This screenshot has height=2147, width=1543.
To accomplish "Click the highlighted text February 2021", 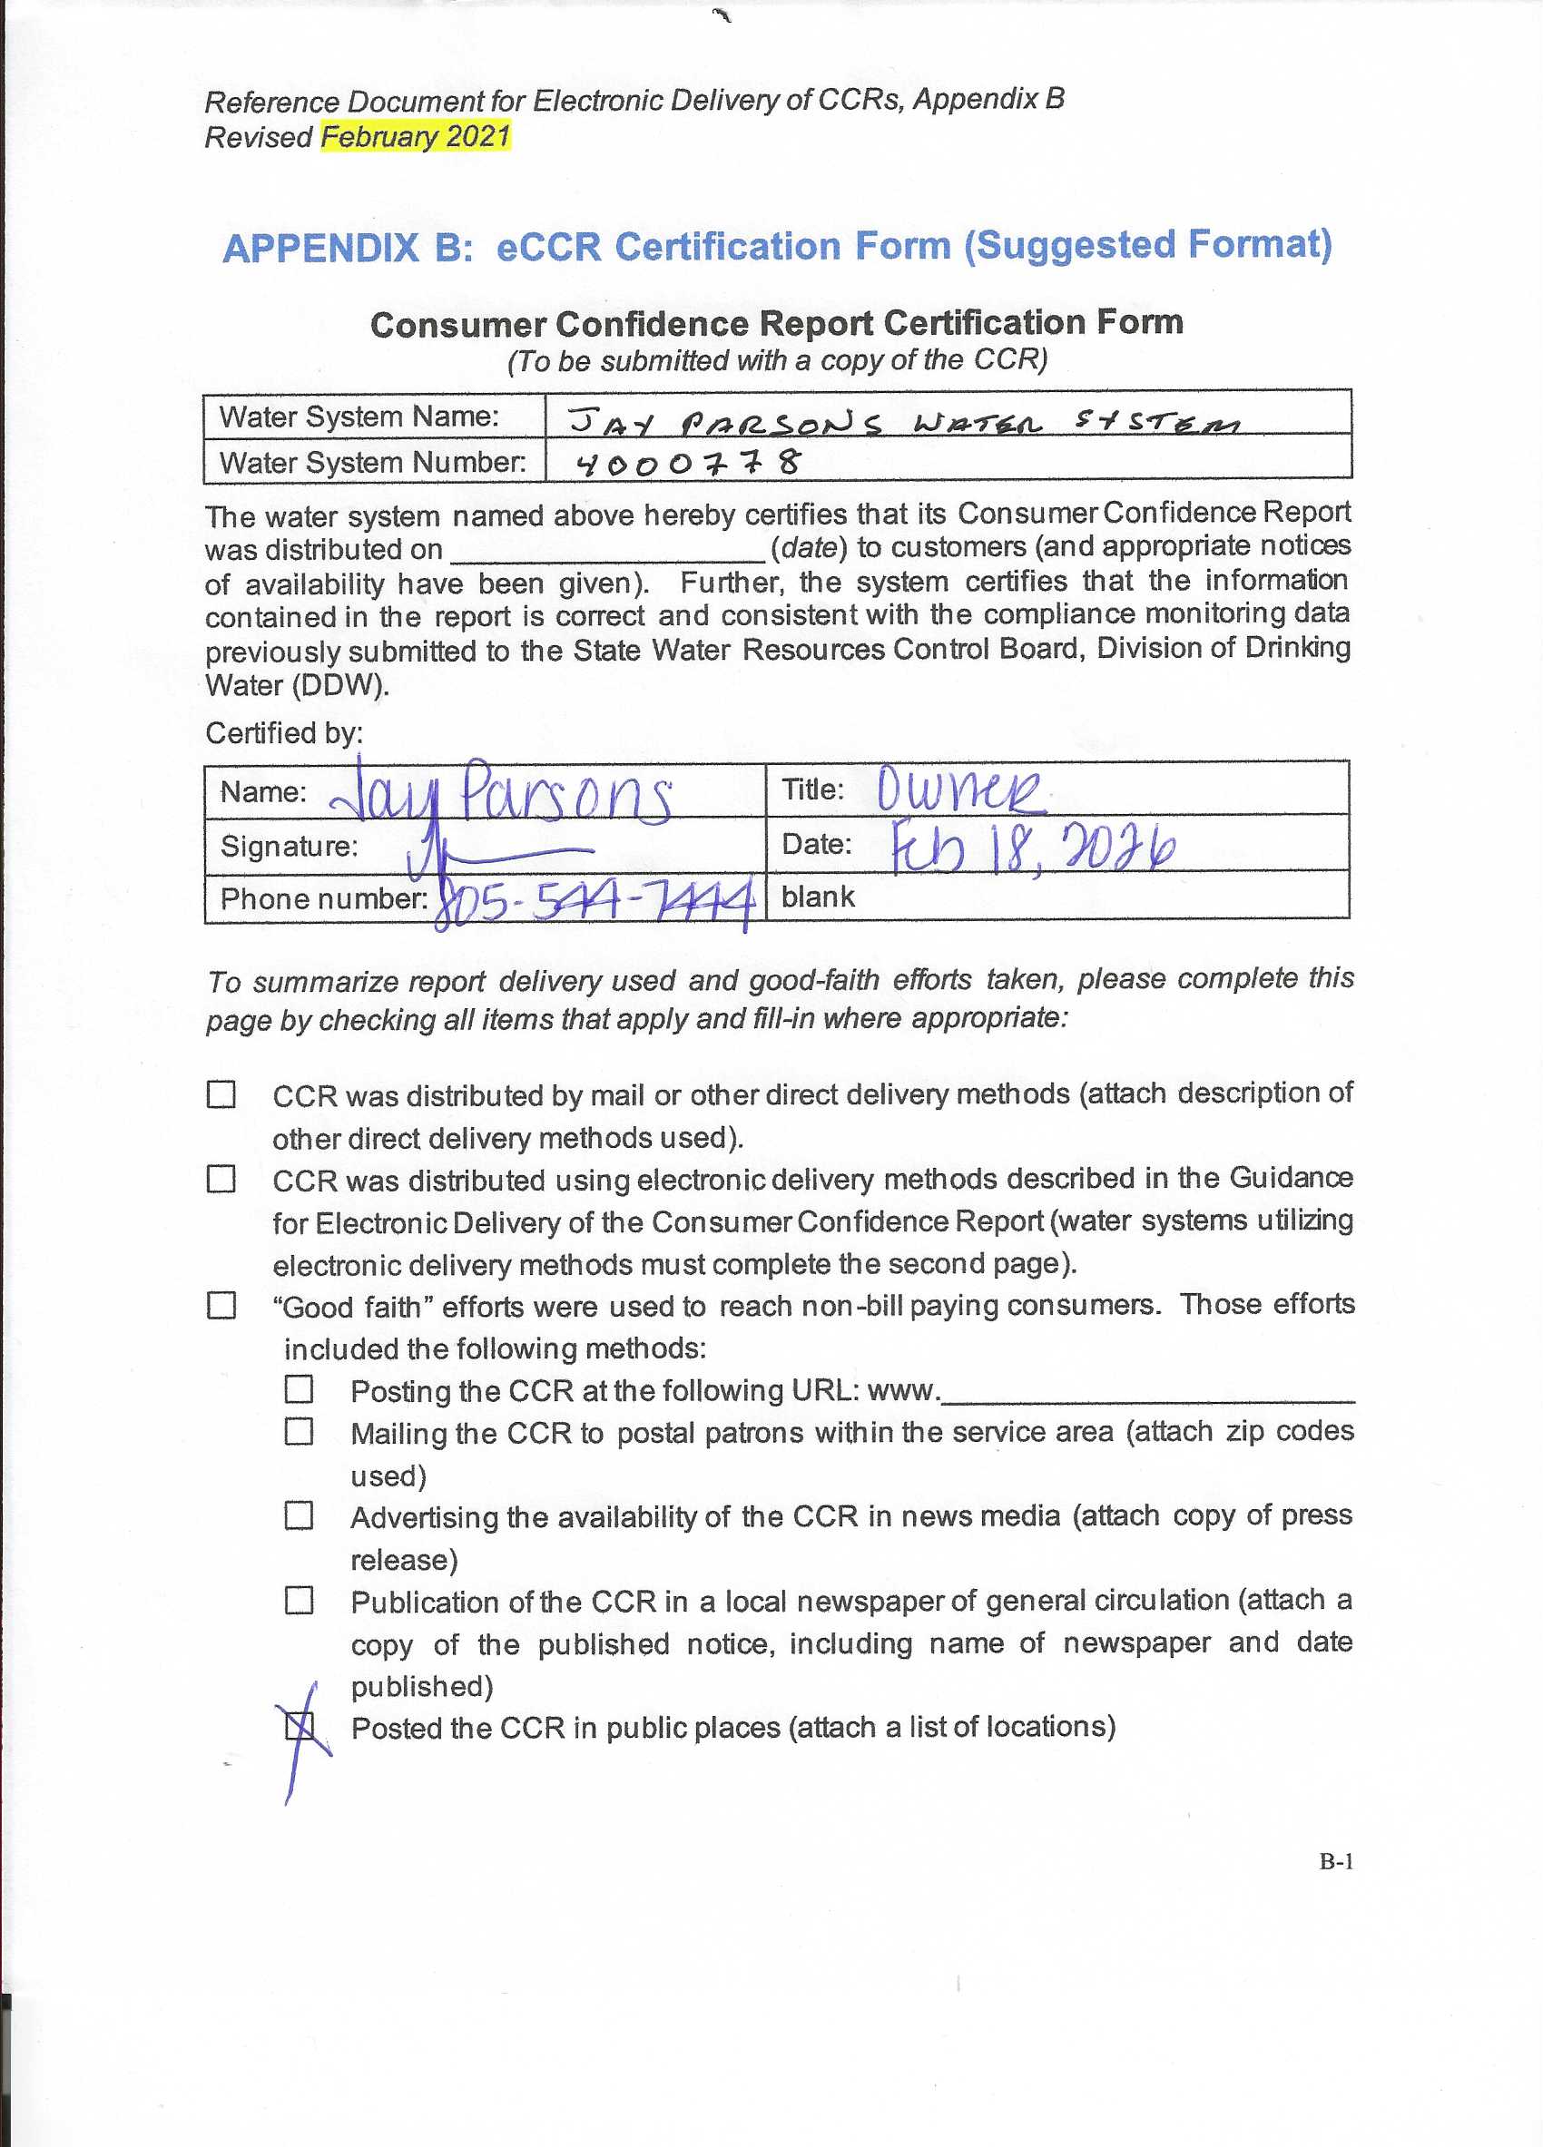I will click(x=415, y=136).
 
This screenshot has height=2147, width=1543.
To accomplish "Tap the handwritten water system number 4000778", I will click(x=688, y=463).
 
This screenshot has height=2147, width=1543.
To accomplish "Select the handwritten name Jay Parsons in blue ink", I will click(x=502, y=793).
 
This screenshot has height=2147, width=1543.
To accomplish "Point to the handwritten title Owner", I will click(x=958, y=789).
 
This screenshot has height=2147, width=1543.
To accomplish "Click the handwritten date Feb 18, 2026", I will click(x=1033, y=846).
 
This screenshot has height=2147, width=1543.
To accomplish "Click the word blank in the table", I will click(x=817, y=897).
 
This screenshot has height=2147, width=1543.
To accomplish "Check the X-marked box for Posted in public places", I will click(x=300, y=1727).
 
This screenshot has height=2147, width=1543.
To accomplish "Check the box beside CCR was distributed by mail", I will click(x=221, y=1094).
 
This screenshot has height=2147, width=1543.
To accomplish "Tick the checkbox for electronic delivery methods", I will click(x=221, y=1180).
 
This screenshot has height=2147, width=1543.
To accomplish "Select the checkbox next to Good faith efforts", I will click(x=221, y=1306).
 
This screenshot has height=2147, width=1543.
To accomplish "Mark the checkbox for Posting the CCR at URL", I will click(x=300, y=1389).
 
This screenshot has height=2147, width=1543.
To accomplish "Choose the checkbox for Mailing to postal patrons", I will click(x=300, y=1431).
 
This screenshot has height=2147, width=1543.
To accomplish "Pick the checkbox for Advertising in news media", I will click(x=300, y=1515).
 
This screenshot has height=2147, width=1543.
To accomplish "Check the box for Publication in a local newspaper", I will click(x=300, y=1601).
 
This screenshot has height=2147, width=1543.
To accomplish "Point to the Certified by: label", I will click(x=284, y=732).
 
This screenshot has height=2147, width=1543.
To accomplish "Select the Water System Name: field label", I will click(x=359, y=417).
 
